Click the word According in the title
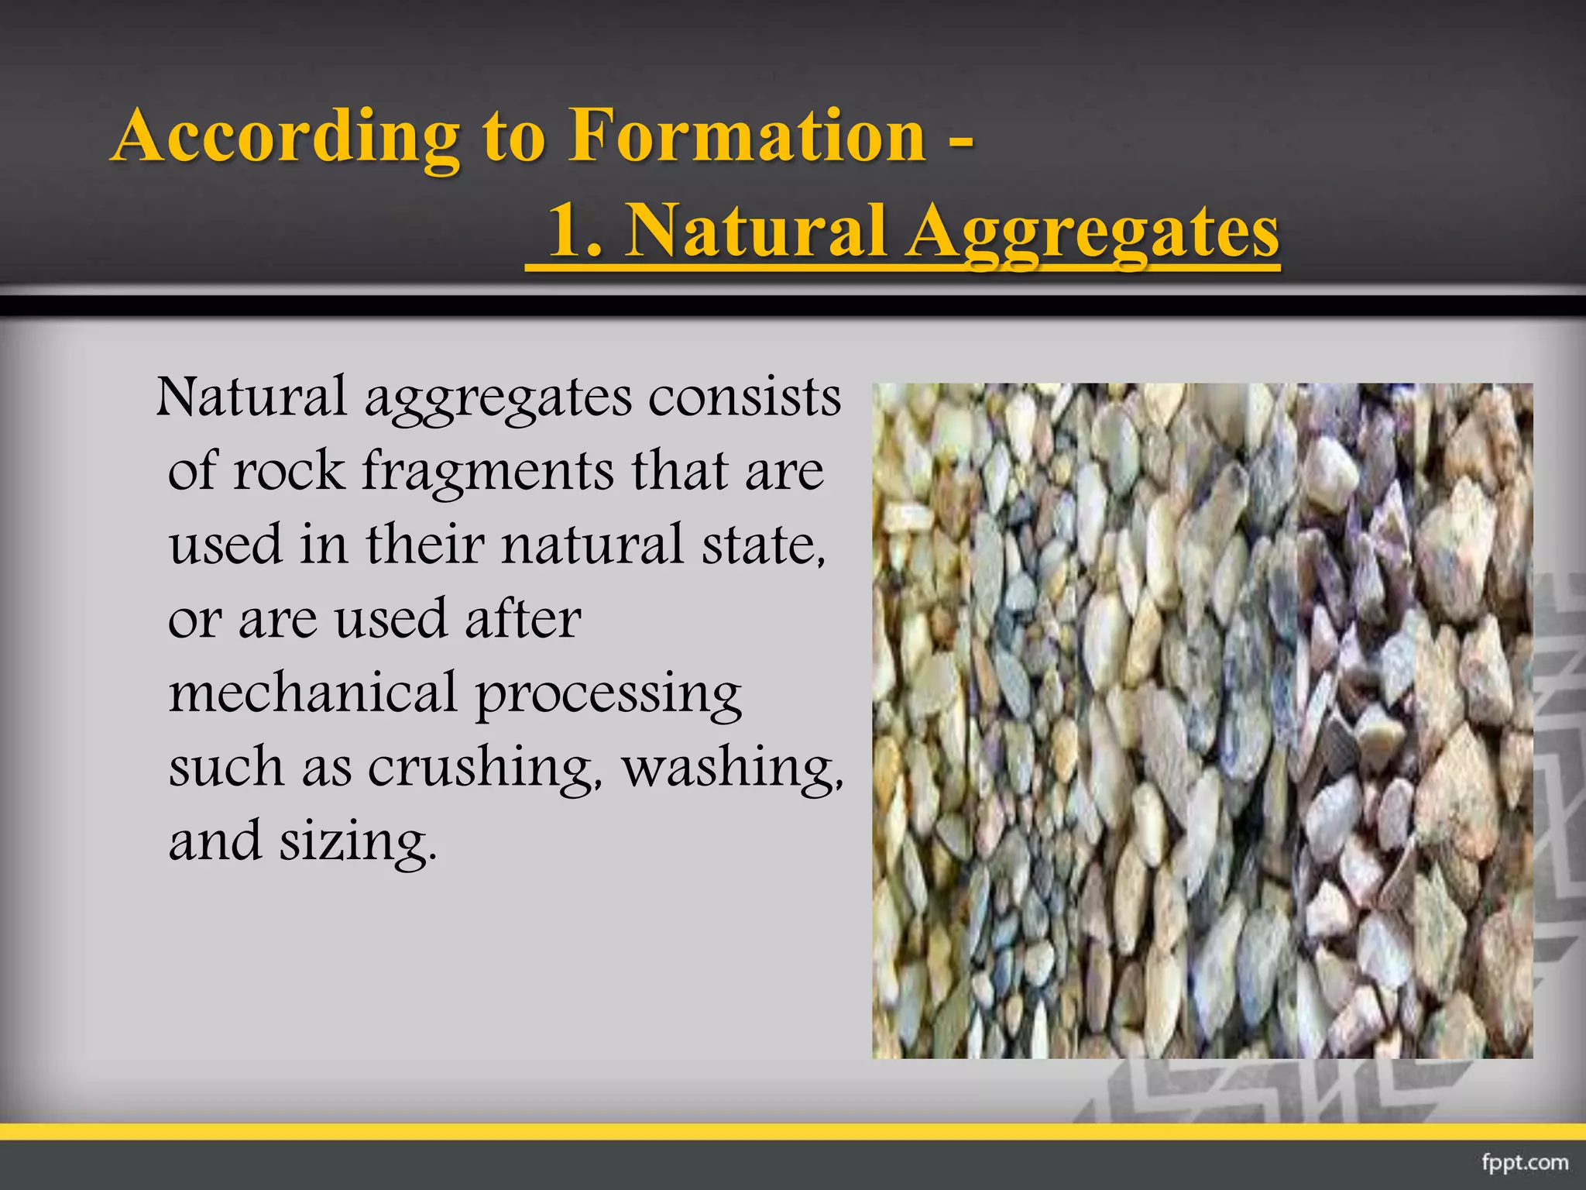[287, 137]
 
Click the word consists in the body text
[744, 397]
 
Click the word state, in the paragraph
[764, 545]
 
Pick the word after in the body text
[523, 619]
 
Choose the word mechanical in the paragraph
[313, 693]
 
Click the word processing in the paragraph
[608, 694]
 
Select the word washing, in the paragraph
[733, 767]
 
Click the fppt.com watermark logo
[1525, 1163]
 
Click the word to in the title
[513, 139]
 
